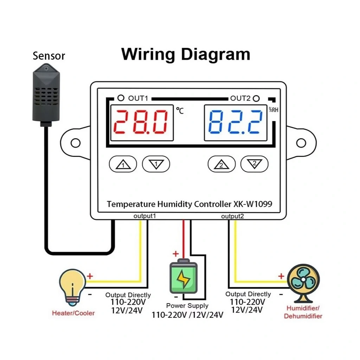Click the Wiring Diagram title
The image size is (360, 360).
tap(186, 54)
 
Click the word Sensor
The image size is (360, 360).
tap(49, 56)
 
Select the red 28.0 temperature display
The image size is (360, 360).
tap(142, 122)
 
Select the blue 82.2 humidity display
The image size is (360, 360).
tap(236, 122)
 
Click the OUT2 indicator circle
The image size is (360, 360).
tap(256, 98)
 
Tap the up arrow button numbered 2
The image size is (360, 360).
tap(221, 164)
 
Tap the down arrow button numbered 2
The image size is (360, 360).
tap(254, 164)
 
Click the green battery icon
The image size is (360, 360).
tap(184, 277)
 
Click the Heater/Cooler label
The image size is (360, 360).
tap(73, 313)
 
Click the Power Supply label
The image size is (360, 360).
tap(187, 306)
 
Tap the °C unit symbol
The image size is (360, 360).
tap(180, 111)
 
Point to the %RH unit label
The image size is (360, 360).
tap(274, 110)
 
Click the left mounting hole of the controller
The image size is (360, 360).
tap(76, 143)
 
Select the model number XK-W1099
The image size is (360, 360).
tap(252, 204)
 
